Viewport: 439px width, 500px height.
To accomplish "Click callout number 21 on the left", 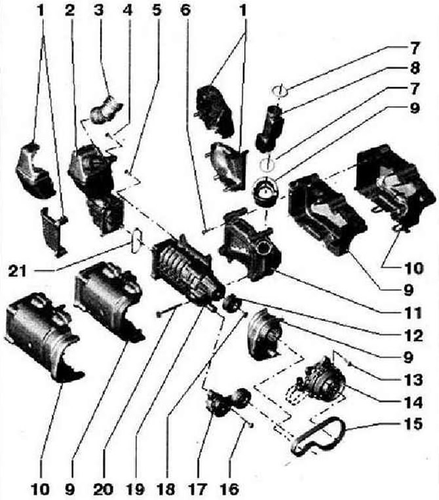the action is (18, 271).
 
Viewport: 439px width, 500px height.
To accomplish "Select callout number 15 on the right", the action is (413, 424).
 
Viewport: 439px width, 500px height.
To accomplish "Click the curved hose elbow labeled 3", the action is (105, 109).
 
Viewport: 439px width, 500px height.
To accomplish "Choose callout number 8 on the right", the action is (415, 68).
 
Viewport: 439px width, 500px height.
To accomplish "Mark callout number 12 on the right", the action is (413, 336).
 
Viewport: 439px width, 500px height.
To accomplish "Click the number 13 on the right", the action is (413, 379).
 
